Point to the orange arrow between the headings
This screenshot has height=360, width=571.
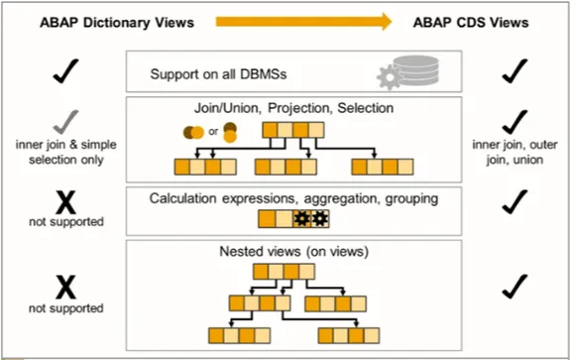[316, 20]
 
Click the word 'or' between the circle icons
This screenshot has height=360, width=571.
[210, 133]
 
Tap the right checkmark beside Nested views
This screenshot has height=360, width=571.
[513, 288]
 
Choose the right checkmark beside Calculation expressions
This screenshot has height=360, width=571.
[513, 202]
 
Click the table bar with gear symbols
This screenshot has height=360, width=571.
[292, 219]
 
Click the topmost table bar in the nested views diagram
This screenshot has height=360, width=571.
[286, 271]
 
